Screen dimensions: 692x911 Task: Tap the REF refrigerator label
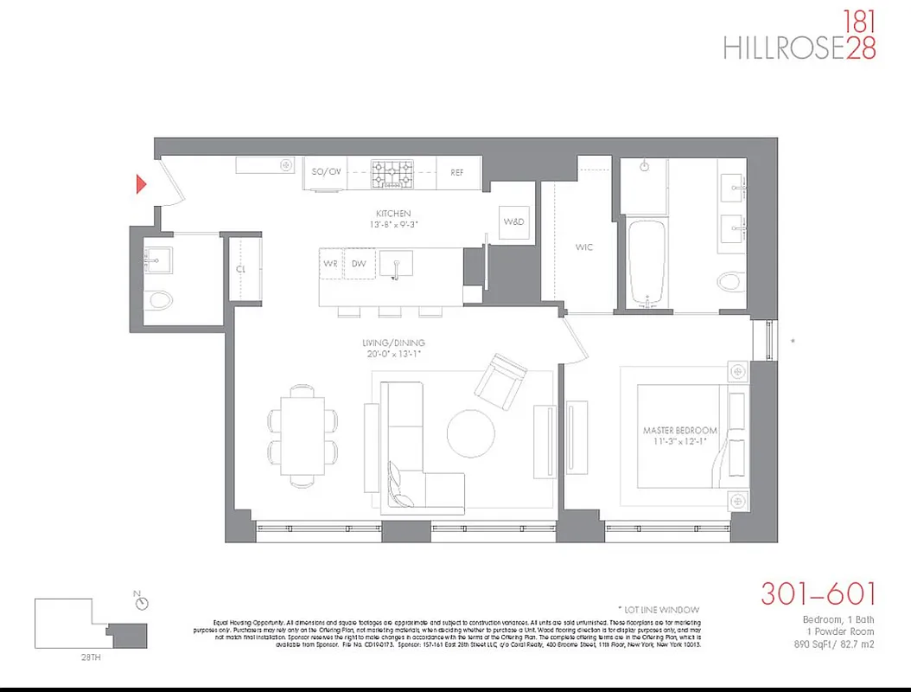[x=457, y=172]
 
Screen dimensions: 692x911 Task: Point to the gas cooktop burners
[x=392, y=172]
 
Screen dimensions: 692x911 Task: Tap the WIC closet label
[x=584, y=247]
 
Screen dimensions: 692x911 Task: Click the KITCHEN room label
[x=393, y=213]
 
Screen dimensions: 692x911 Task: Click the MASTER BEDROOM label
[x=679, y=430]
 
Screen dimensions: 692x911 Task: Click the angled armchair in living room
[x=501, y=381]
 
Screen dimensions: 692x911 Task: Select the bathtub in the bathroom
[x=646, y=260]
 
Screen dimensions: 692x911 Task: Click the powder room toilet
[x=161, y=299]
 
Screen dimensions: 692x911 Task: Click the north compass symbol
[x=142, y=603]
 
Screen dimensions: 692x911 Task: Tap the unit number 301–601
[x=818, y=594]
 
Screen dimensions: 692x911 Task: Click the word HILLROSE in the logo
[x=783, y=47]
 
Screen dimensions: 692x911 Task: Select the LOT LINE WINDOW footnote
[x=659, y=610]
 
